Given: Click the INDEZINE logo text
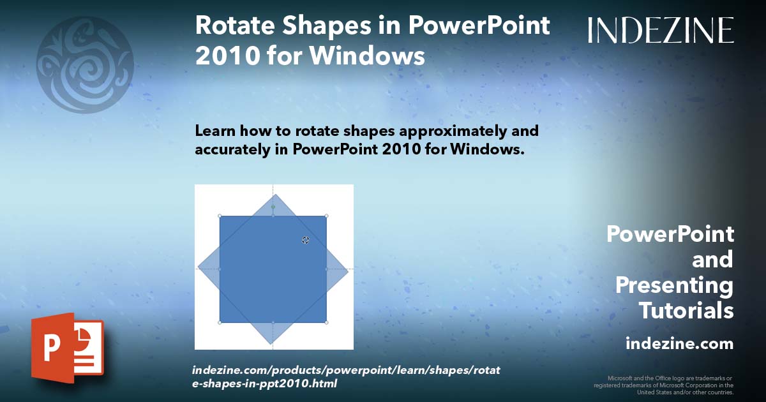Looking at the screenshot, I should [661, 30].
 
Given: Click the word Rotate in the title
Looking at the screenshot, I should [233, 26].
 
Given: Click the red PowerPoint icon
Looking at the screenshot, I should [67, 348].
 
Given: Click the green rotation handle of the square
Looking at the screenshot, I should [273, 207].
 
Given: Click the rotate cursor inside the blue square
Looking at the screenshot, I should [305, 240].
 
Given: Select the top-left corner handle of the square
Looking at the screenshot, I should [220, 216].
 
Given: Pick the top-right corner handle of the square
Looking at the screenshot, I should [327, 216].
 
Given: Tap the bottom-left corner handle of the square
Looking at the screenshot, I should [220, 322].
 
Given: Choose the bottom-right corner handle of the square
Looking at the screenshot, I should [327, 322].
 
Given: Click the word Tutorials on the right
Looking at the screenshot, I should [686, 311].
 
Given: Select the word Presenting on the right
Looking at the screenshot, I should [674, 285].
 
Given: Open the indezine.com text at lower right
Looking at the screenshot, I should [679, 344].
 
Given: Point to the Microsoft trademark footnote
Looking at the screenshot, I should [664, 385].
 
